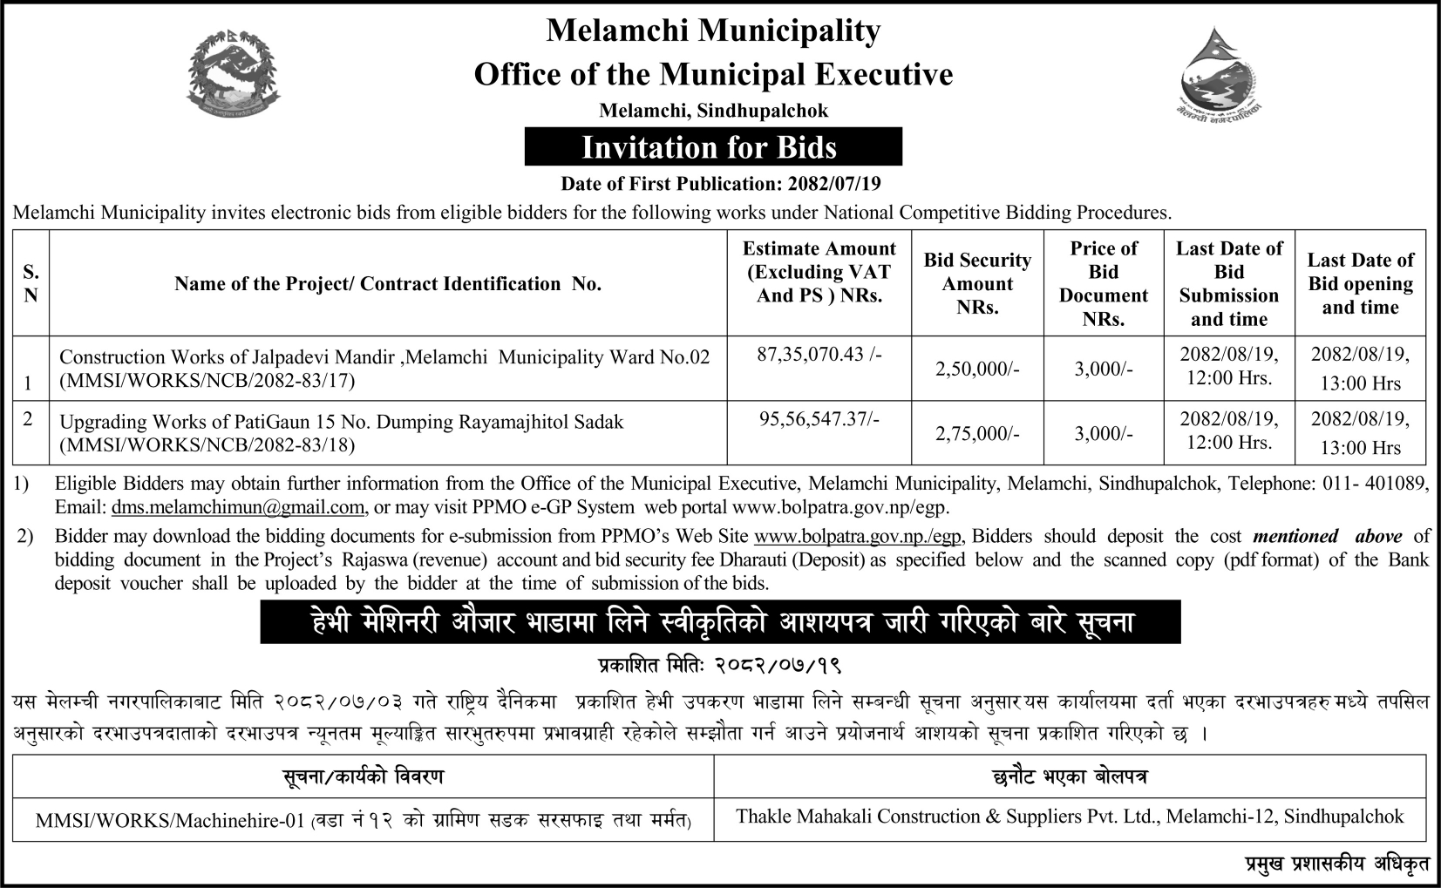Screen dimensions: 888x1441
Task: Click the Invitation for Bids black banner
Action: (x=712, y=147)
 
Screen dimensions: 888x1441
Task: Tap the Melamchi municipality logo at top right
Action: (x=1218, y=76)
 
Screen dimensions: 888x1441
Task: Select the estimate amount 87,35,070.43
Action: (x=819, y=356)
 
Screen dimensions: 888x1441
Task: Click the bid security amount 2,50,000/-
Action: (x=977, y=369)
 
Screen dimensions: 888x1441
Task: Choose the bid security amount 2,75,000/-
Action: (x=977, y=434)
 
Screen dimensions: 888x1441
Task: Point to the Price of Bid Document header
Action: (x=1103, y=283)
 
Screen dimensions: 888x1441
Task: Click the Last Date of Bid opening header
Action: (x=1360, y=283)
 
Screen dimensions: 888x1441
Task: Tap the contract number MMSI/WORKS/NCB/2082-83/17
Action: (x=207, y=381)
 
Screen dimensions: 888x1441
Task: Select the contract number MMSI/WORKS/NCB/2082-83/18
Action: (x=207, y=445)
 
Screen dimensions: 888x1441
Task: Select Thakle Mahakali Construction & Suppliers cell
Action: (x=1070, y=817)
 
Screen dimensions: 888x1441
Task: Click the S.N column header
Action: (x=31, y=283)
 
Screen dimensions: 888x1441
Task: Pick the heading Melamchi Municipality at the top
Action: (x=712, y=31)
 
